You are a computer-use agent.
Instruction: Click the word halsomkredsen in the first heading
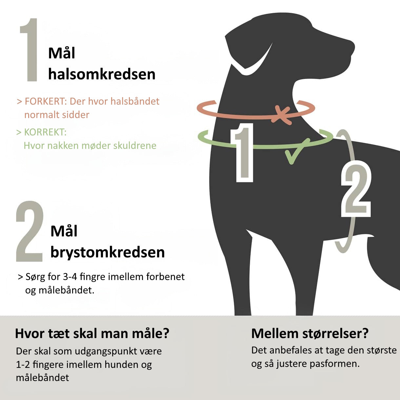[102, 74]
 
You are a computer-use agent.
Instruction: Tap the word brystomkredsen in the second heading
[108, 252]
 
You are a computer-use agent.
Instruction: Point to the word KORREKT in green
[45, 132]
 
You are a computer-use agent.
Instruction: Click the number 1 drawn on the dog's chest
[243, 153]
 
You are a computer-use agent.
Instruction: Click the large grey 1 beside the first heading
[29, 50]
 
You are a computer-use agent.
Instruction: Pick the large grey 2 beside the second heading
[29, 231]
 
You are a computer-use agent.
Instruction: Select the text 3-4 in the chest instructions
[70, 277]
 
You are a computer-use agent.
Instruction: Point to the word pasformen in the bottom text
[334, 364]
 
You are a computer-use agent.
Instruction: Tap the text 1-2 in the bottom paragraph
[23, 365]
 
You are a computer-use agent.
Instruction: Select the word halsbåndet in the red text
[135, 101]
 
